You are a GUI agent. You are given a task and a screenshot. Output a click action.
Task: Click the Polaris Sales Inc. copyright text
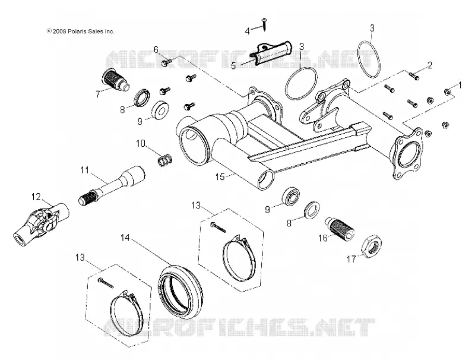(81, 31)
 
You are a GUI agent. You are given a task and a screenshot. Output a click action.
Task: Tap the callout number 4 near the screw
(248, 31)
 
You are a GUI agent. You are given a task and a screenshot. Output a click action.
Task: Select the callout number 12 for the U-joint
(36, 197)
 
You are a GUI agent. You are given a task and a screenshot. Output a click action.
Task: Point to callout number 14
(125, 238)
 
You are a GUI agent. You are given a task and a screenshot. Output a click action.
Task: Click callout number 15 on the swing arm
(220, 176)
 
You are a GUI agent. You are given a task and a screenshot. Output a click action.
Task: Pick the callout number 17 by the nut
(351, 259)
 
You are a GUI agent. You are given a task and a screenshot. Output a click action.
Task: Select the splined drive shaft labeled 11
(112, 185)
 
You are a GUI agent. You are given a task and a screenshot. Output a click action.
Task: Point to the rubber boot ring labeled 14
(181, 292)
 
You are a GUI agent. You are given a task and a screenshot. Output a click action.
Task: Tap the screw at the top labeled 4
(264, 24)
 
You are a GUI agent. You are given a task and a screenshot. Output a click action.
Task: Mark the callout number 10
(141, 143)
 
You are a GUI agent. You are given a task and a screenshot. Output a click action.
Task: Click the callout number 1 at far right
(460, 85)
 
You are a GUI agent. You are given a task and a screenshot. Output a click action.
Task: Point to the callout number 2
(429, 65)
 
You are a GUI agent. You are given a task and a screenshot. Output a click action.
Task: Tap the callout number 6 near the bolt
(156, 49)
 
